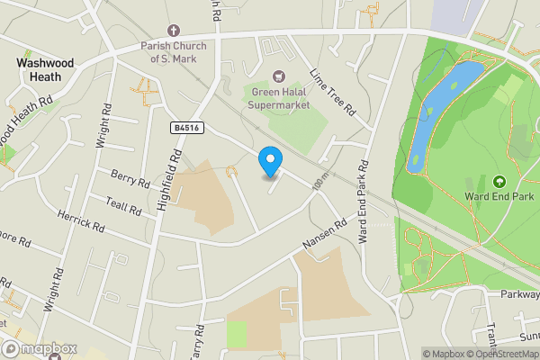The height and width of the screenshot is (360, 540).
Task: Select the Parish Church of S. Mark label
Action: pos(174,52)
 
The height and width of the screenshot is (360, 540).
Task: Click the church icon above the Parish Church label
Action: pos(173,28)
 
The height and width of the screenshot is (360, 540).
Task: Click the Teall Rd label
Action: pos(123,205)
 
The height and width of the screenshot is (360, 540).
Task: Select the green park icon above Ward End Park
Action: pos(499,181)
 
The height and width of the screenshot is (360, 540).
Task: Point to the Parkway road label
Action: pos(520,293)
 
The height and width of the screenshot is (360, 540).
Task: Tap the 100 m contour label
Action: pos(319,183)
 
